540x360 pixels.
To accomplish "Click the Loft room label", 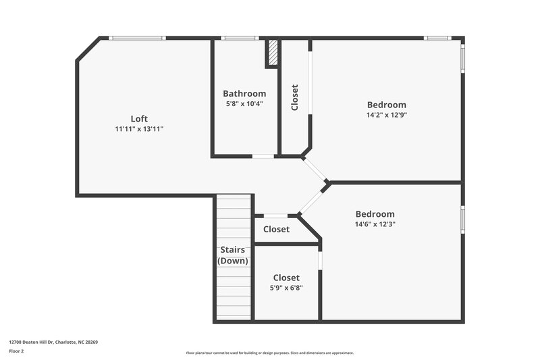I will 139,118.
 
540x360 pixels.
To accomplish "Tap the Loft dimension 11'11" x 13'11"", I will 139,128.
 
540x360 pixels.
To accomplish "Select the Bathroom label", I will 244,94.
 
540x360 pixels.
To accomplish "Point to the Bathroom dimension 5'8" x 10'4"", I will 244,104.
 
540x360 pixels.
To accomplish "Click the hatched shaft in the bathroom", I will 273,53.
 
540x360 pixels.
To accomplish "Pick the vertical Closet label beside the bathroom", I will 294,97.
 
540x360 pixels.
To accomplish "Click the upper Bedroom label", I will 386,105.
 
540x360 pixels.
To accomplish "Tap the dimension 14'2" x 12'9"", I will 386,115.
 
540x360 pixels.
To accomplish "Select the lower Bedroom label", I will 375,214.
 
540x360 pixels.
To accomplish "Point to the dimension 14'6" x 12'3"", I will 375,224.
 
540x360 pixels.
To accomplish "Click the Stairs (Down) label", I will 232,255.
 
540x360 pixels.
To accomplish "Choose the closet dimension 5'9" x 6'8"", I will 286,288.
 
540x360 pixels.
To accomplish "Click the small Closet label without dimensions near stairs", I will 276,230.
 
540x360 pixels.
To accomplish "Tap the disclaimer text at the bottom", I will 269,353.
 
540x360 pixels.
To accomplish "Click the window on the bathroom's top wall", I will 236,38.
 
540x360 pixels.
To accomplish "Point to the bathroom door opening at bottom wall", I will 263,157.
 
